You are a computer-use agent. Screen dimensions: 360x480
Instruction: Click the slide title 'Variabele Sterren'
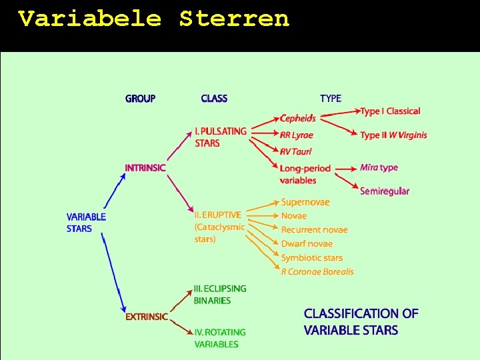[154, 19]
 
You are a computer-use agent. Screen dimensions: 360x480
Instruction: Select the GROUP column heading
[140, 99]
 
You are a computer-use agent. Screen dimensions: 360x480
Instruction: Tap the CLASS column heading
[214, 99]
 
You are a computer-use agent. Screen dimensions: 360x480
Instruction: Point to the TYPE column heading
[331, 99]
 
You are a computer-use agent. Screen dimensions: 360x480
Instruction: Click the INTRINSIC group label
[145, 168]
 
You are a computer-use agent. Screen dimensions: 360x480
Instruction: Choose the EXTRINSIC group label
[147, 317]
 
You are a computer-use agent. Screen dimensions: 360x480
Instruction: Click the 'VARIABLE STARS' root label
[86, 223]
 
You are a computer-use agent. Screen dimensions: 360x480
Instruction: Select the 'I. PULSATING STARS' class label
[221, 137]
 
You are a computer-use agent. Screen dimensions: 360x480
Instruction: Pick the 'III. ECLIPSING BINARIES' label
[220, 295]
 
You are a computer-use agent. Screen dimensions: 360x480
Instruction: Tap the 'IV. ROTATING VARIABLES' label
[220, 338]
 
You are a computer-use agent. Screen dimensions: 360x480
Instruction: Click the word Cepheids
[298, 119]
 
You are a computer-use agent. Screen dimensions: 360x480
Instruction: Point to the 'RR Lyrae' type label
[297, 135]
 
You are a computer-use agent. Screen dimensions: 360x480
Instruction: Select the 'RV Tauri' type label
[296, 152]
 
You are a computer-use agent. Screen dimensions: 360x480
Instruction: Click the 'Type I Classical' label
[390, 111]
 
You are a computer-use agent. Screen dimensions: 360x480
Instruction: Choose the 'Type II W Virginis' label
[393, 135]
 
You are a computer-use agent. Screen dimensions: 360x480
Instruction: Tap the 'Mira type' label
[379, 167]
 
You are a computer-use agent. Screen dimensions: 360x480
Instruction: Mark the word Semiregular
[385, 191]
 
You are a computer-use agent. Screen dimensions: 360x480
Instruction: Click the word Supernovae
[305, 202]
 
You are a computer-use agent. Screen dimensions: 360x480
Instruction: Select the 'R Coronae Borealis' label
[317, 271]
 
